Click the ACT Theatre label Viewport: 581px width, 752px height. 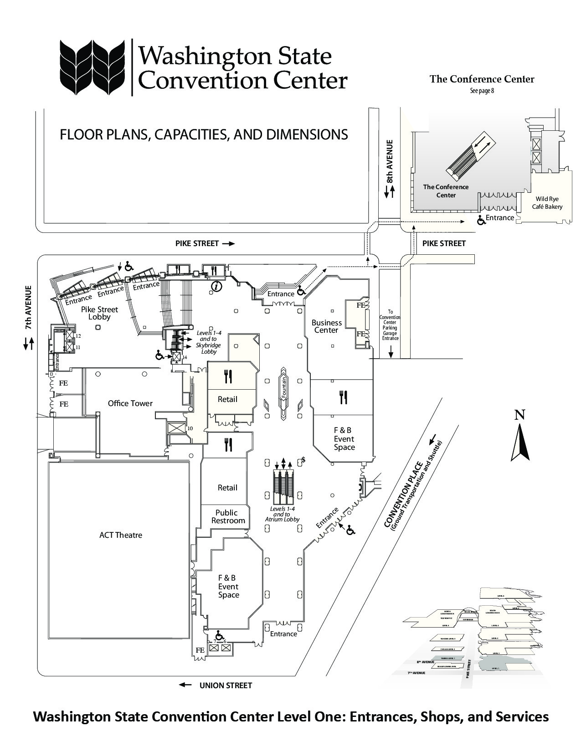pyautogui.click(x=121, y=535)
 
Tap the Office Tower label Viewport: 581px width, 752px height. pyautogui.click(x=130, y=403)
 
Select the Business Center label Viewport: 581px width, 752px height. pyautogui.click(x=327, y=326)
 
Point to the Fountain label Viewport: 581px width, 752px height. pyautogui.click(x=283, y=388)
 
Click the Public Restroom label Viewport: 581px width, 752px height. pyautogui.click(x=228, y=517)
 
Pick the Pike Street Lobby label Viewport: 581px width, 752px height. pyautogui.click(x=99, y=313)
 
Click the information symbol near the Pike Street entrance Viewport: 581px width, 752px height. pyautogui.click(x=217, y=286)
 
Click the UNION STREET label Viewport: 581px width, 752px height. pyautogui.click(x=226, y=685)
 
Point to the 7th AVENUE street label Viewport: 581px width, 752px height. pyautogui.click(x=29, y=308)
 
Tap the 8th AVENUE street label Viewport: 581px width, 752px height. pyautogui.click(x=389, y=162)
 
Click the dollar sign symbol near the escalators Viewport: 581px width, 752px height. pyautogui.click(x=303, y=460)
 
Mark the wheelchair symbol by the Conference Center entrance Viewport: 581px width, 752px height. pyautogui.click(x=480, y=221)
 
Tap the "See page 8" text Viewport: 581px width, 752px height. pyautogui.click(x=482, y=91)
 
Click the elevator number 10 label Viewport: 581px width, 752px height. pyautogui.click(x=190, y=428)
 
